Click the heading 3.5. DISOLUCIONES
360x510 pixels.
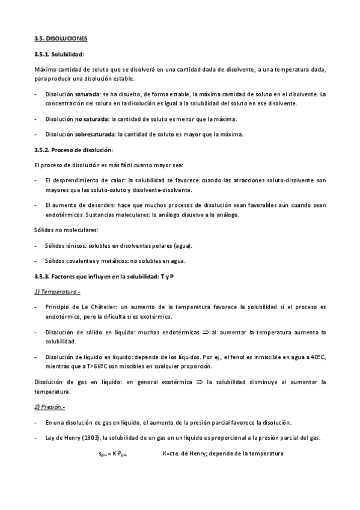click(61, 38)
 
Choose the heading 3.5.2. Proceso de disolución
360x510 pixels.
click(74, 149)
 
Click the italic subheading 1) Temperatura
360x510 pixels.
click(57, 292)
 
